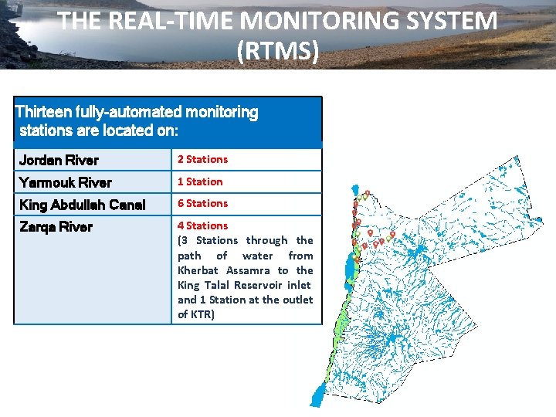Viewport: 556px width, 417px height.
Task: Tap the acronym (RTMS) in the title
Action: [278, 51]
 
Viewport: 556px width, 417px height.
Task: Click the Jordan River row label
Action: [59, 161]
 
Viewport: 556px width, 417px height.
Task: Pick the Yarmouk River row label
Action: [66, 182]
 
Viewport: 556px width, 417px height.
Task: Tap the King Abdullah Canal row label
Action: [82, 205]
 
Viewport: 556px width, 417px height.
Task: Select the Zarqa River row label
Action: [56, 227]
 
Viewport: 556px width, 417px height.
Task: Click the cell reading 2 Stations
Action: [203, 159]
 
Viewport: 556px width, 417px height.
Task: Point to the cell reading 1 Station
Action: [200, 181]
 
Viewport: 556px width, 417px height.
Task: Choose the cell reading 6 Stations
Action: [203, 203]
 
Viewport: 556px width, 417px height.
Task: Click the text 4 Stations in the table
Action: [203, 225]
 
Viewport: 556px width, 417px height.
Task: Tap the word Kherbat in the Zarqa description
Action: [198, 270]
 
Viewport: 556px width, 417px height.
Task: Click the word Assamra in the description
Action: [248, 270]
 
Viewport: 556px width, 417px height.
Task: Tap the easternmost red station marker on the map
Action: [392, 234]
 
